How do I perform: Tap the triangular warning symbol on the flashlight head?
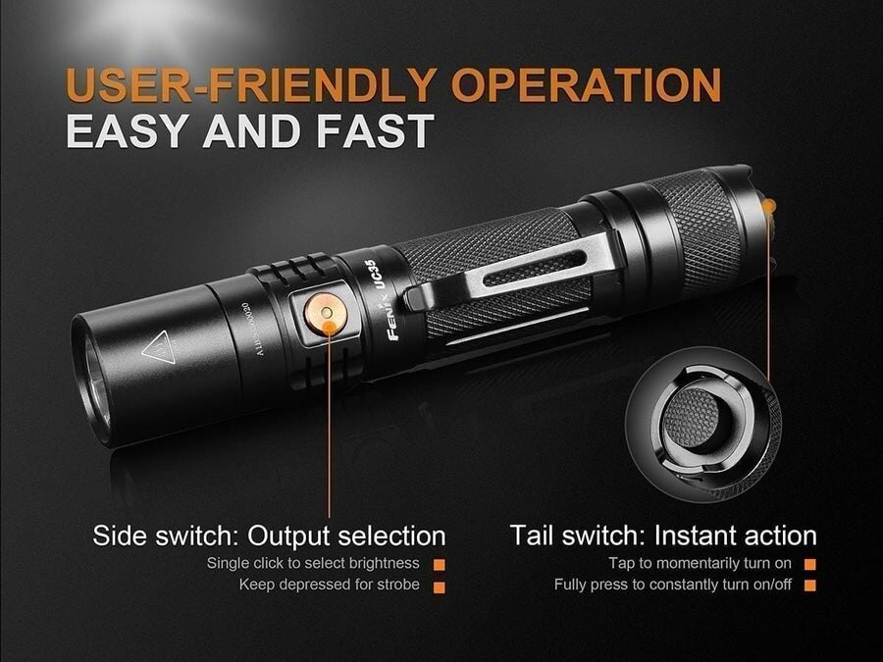pos(156,348)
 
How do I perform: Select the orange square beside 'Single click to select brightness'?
pos(440,564)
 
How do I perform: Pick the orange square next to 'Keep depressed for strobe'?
pos(440,586)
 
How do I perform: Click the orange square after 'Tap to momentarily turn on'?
pos(810,564)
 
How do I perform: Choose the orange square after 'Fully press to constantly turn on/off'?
pos(810,586)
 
